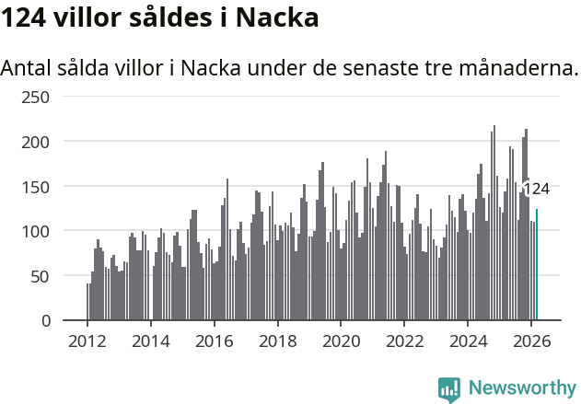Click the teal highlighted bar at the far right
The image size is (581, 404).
[537, 265]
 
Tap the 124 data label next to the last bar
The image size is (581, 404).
[536, 189]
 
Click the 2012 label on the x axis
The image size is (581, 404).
[87, 340]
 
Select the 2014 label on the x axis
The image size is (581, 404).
[151, 340]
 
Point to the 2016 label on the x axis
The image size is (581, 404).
[215, 340]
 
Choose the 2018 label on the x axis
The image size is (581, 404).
[278, 340]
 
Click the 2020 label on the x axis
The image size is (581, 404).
[341, 340]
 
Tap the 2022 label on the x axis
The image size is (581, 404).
[404, 340]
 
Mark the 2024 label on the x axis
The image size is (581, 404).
[468, 340]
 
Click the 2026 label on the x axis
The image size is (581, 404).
[531, 340]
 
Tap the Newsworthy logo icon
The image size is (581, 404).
[449, 389]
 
